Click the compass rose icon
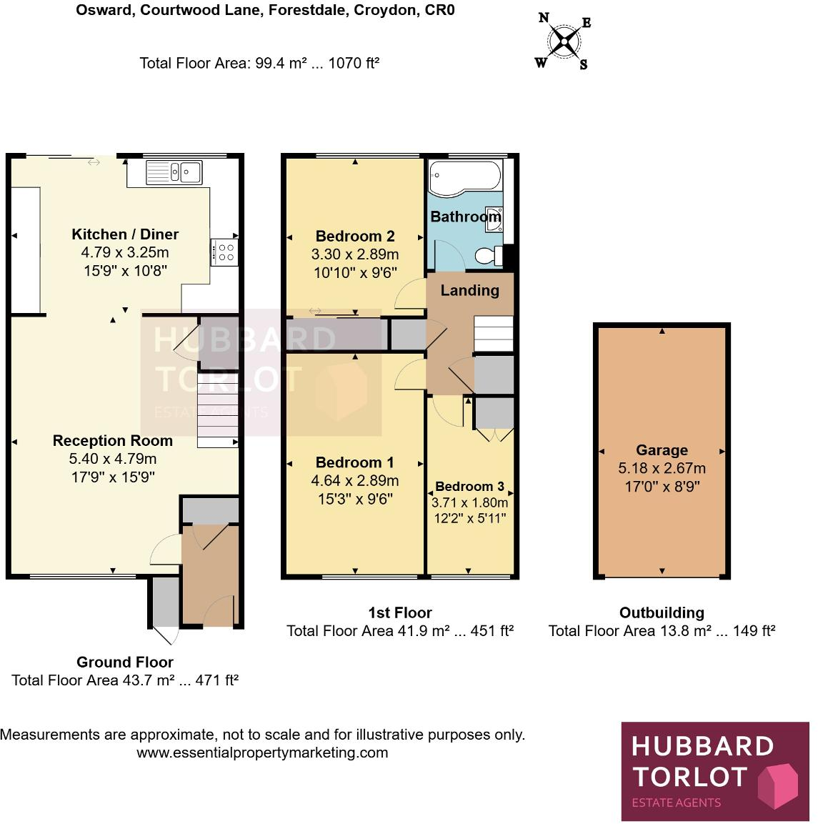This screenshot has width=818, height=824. click(564, 41)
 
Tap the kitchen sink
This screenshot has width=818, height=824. click(174, 172)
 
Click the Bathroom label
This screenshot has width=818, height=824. click(465, 217)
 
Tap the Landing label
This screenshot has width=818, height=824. click(469, 290)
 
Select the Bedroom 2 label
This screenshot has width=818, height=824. click(355, 236)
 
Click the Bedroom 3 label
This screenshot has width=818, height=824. click(469, 487)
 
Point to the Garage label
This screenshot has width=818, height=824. click(662, 450)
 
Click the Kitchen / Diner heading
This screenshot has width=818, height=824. click(125, 234)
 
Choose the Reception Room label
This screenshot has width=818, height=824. click(113, 440)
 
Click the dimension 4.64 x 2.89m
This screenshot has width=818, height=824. click(355, 481)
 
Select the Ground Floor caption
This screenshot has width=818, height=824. click(125, 662)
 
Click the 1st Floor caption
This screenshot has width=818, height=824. click(400, 612)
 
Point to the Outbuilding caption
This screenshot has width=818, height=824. click(662, 612)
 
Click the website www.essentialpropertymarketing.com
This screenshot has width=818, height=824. click(262, 753)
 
